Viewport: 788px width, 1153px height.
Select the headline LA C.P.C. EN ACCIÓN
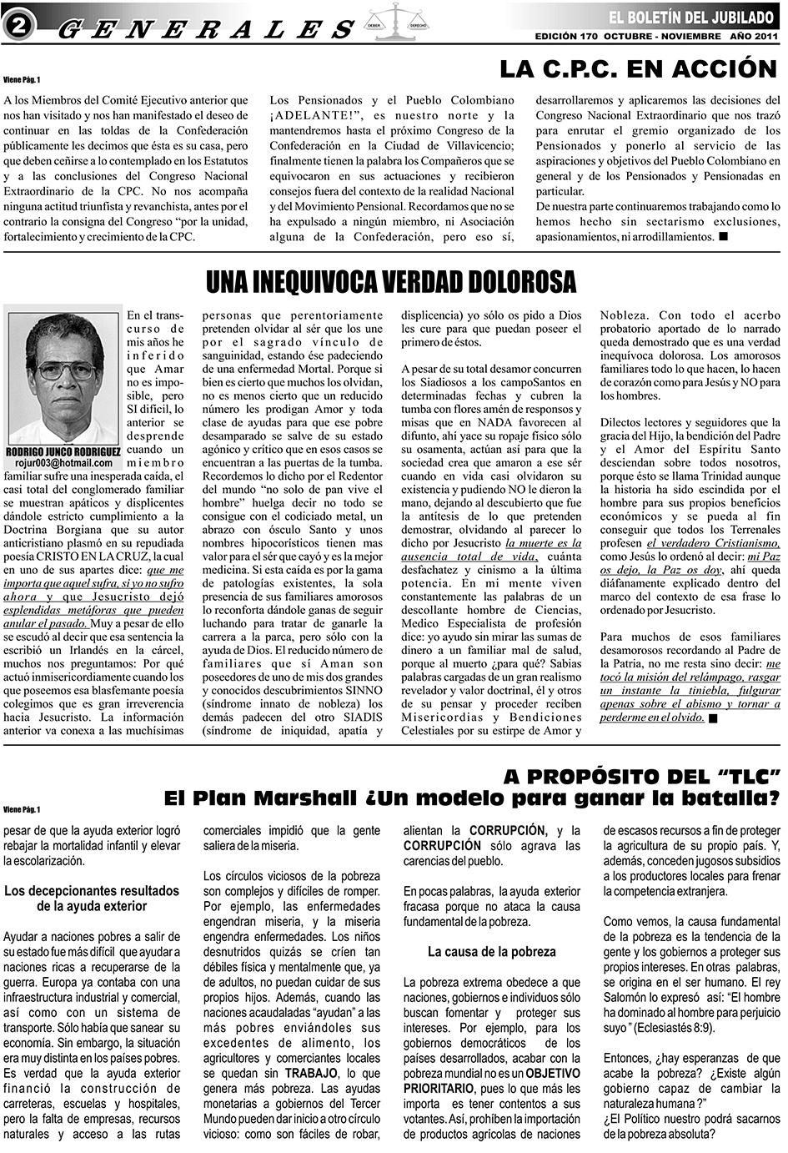click(x=638, y=68)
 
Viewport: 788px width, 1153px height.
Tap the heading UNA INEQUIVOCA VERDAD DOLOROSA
click(x=391, y=282)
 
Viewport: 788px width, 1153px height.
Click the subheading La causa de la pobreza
click(x=491, y=951)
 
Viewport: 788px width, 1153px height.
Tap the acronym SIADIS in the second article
click(x=359, y=716)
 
